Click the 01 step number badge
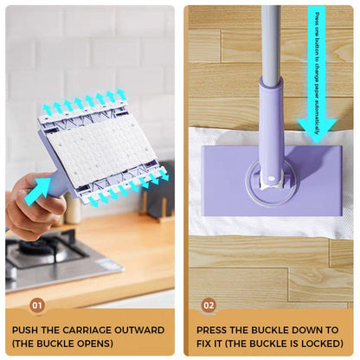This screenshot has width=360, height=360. click(36, 305)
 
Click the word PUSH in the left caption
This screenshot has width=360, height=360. click(27, 330)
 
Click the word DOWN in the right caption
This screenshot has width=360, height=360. click(304, 330)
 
